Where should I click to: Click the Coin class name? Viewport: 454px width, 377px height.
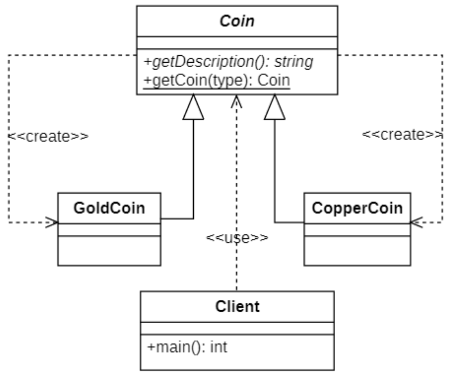click(237, 21)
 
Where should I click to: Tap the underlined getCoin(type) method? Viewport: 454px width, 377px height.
click(217, 81)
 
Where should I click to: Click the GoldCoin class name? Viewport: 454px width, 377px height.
click(109, 208)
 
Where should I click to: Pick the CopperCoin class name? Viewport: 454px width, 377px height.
click(357, 208)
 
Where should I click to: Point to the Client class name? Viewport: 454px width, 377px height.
click(237, 307)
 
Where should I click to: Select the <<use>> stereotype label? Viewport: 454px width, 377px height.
click(237, 238)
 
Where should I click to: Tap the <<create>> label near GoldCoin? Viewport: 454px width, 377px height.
click(48, 136)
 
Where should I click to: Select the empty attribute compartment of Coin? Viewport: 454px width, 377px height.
click(237, 42)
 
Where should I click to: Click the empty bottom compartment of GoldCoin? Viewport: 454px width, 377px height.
click(109, 251)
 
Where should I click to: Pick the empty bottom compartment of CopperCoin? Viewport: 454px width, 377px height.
click(357, 251)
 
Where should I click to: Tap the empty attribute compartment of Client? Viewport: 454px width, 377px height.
click(237, 328)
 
